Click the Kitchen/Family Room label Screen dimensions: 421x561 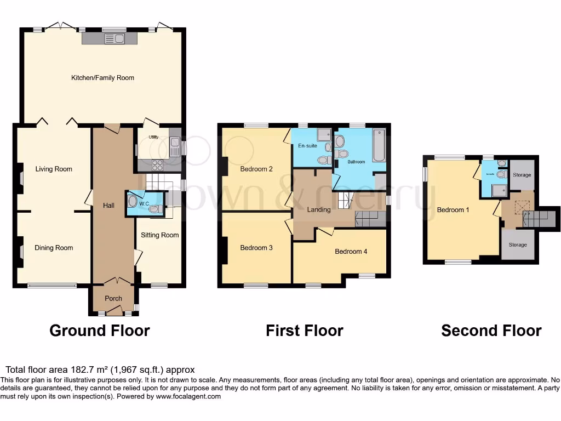pos(102,78)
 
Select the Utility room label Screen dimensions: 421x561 pos(153,137)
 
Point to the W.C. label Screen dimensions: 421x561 pos(144,204)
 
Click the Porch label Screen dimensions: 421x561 pos(113,298)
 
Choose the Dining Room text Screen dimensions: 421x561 pos(54,248)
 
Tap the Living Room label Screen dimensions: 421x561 pos(54,169)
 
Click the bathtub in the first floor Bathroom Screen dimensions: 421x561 pos(379,145)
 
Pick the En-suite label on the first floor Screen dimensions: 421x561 pos(308,146)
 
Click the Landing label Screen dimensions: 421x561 pos(319,209)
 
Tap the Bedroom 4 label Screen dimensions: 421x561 pos(351,252)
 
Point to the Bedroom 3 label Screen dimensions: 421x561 pos(256,248)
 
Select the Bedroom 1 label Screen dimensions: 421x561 pos(453,209)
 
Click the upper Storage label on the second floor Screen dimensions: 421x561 pos(522,175)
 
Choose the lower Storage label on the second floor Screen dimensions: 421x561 pos(517,244)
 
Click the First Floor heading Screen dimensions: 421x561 pos(304,331)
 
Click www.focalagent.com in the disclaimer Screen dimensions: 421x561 pos(188,396)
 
